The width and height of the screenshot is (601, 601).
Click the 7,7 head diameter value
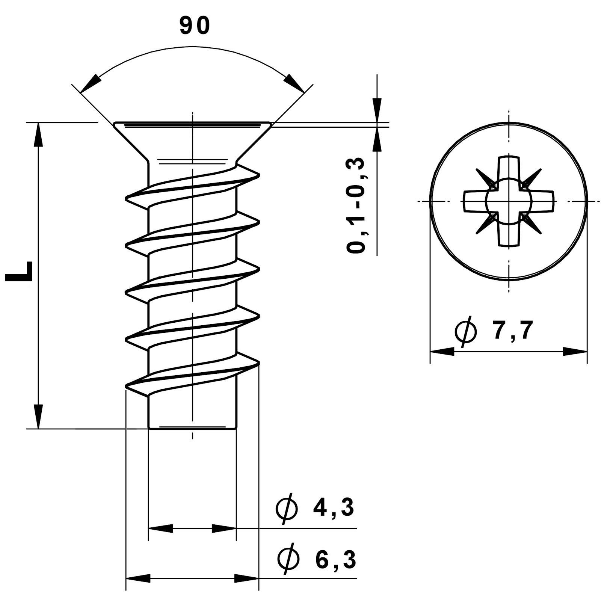pyautogui.click(x=513, y=331)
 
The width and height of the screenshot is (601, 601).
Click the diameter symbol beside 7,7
pyautogui.click(x=465, y=331)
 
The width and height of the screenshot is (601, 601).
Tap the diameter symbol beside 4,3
pyautogui.click(x=287, y=509)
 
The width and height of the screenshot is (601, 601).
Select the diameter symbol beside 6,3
pyautogui.click(x=288, y=571)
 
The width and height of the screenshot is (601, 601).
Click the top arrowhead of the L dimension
pyautogui.click(x=38, y=135)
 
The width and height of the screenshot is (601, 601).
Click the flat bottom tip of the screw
pyautogui.click(x=192, y=427)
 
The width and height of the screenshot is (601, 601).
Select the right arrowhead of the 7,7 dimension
pyautogui.click(x=575, y=352)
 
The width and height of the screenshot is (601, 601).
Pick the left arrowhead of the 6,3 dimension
pyautogui.click(x=137, y=589)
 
